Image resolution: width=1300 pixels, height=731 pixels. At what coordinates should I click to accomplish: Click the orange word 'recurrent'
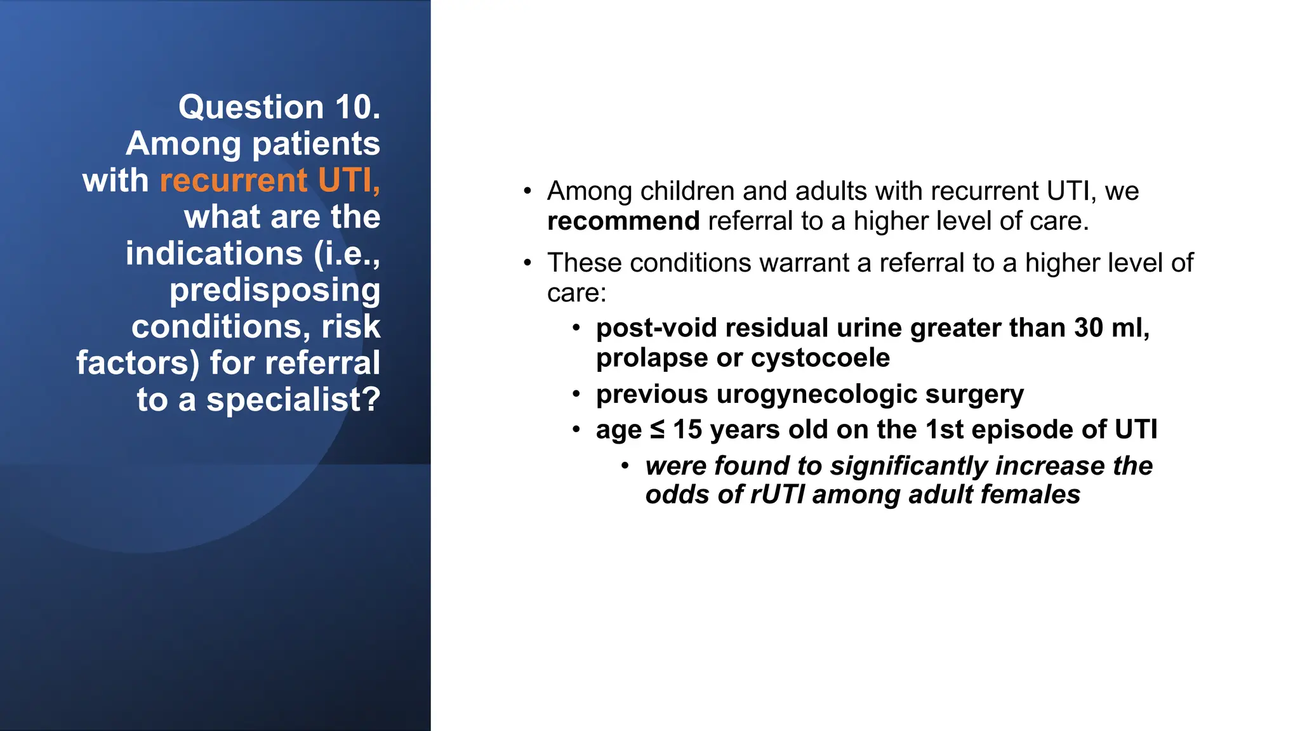233,180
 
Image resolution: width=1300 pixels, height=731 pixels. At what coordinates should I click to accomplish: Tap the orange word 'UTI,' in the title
349,180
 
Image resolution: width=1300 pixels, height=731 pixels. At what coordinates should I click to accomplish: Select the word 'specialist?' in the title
293,400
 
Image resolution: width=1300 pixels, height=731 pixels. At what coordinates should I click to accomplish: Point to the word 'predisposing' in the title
275,290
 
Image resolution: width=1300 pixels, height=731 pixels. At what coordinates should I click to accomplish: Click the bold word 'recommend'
623,221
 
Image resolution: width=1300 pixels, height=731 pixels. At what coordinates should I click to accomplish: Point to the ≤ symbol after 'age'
657,430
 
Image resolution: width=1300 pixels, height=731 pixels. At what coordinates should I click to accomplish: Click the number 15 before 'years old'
687,430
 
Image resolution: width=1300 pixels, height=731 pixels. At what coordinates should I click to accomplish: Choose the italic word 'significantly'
909,466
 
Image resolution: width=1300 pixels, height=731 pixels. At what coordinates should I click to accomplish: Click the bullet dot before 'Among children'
527,191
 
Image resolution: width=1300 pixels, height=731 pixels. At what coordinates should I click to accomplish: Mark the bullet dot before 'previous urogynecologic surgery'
576,394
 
